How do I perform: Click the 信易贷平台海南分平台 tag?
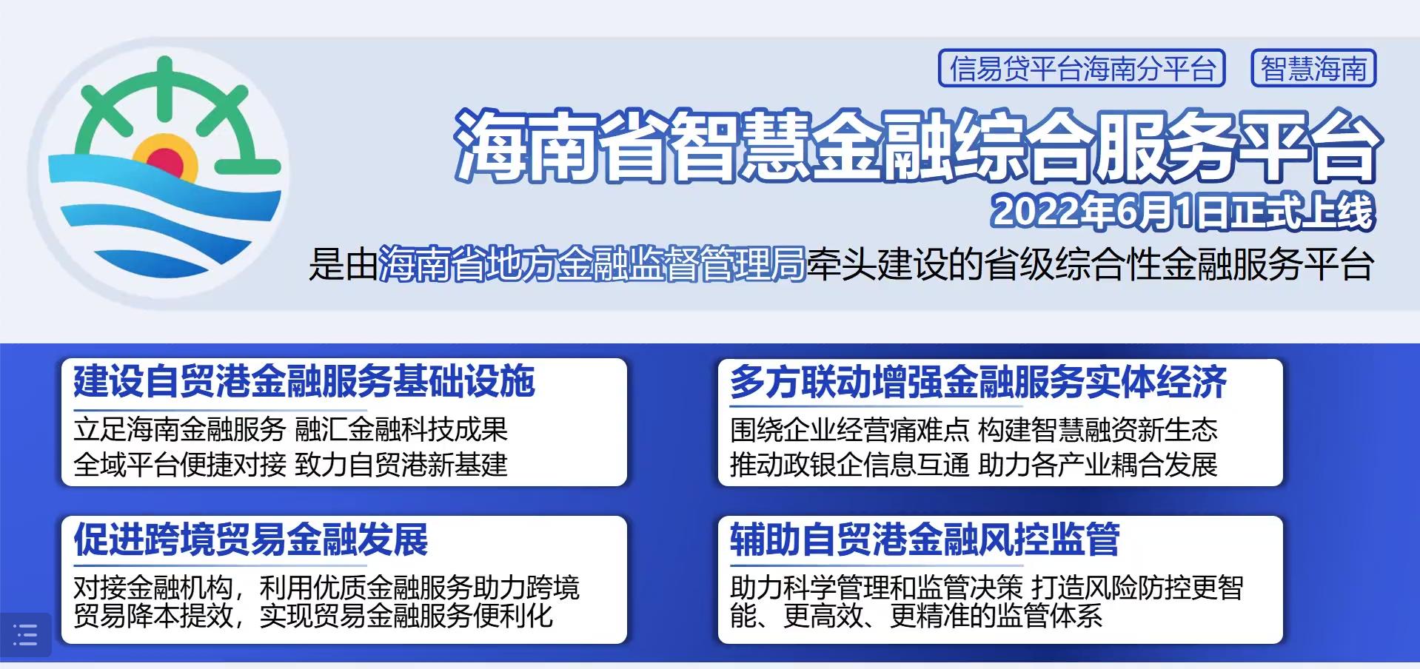point(1082,69)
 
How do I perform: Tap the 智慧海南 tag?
point(1313,69)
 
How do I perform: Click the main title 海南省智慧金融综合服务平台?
point(917,146)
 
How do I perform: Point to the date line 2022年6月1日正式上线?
point(1182,212)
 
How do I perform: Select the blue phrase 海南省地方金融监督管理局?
point(592,263)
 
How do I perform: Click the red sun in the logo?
point(166,161)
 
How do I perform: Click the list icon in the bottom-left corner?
point(25,635)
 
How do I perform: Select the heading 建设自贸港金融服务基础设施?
point(304,382)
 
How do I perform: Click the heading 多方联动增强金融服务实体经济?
point(978,382)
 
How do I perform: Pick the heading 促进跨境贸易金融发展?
point(250,539)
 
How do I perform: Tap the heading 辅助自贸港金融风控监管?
point(925,539)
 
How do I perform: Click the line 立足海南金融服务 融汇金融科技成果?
point(290,429)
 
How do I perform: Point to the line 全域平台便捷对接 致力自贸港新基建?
point(290,465)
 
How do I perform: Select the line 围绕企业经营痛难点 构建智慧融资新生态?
point(974,429)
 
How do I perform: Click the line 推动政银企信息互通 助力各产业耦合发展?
point(974,465)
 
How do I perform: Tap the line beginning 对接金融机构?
point(326,588)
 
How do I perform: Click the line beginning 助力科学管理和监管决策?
point(986,588)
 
